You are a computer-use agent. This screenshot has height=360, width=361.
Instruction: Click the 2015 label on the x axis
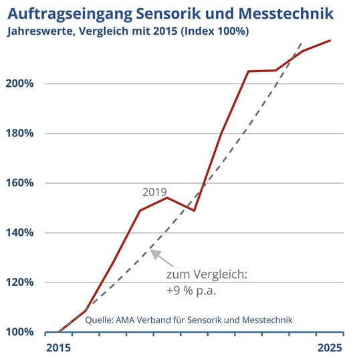pos(58,347)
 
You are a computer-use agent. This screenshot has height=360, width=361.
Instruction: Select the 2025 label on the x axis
pos(330,347)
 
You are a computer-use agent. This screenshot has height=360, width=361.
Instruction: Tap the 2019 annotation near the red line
pos(154,191)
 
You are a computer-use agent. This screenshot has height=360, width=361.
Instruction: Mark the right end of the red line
pos(330,41)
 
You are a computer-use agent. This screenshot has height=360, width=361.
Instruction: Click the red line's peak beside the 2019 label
pos(166,197)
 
